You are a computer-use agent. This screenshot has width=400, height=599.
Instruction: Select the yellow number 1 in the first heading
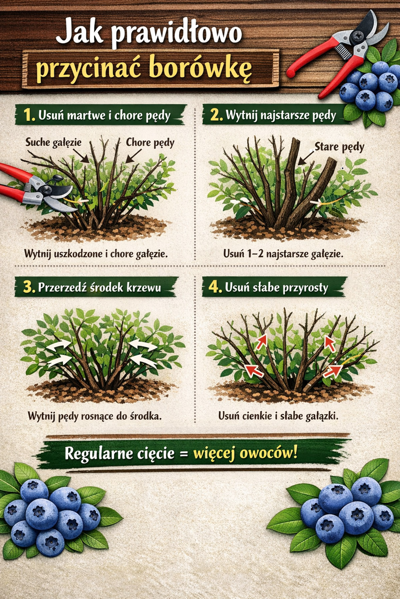29,115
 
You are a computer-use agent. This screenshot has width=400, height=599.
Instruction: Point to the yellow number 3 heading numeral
29,287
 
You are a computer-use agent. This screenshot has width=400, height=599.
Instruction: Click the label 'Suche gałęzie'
54,143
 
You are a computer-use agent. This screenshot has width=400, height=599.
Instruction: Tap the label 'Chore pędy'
150,143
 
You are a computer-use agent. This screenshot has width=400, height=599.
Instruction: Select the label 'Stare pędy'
339,147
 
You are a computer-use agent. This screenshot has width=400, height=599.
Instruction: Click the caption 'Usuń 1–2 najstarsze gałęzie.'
283,254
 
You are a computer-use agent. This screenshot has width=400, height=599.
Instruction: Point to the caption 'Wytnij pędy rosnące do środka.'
95,416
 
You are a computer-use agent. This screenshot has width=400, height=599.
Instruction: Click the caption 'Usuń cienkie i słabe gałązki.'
278,416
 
